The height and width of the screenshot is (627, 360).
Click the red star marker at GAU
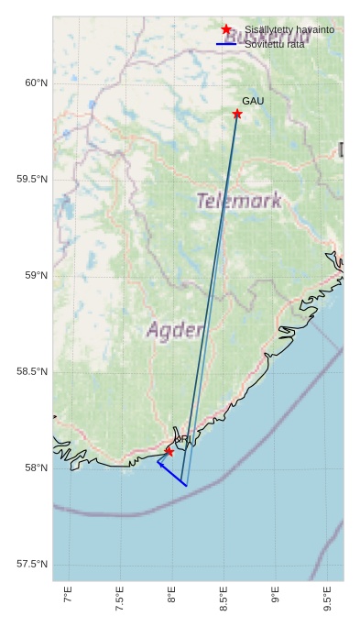(237, 114)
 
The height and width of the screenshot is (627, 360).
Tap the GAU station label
(253, 101)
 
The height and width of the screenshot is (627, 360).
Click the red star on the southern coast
(169, 452)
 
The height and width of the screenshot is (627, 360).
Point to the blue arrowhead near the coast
(160, 464)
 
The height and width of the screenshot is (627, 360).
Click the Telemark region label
(239, 201)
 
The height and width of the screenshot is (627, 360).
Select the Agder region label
(175, 330)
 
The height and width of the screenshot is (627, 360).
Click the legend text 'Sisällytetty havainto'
(289, 30)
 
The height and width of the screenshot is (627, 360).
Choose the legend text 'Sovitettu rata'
(274, 44)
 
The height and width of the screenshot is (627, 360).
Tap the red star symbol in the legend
(226, 30)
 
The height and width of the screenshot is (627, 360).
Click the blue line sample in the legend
(226, 44)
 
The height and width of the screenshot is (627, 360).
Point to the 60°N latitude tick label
(35, 83)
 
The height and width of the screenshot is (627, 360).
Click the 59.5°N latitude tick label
(32, 180)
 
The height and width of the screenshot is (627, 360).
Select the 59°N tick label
(35, 276)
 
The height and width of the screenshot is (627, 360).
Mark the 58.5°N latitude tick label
(32, 372)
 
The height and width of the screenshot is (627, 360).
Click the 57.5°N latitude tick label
(32, 565)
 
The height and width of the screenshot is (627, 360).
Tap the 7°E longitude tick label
(68, 598)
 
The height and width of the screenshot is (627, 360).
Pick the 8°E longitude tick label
(171, 598)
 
